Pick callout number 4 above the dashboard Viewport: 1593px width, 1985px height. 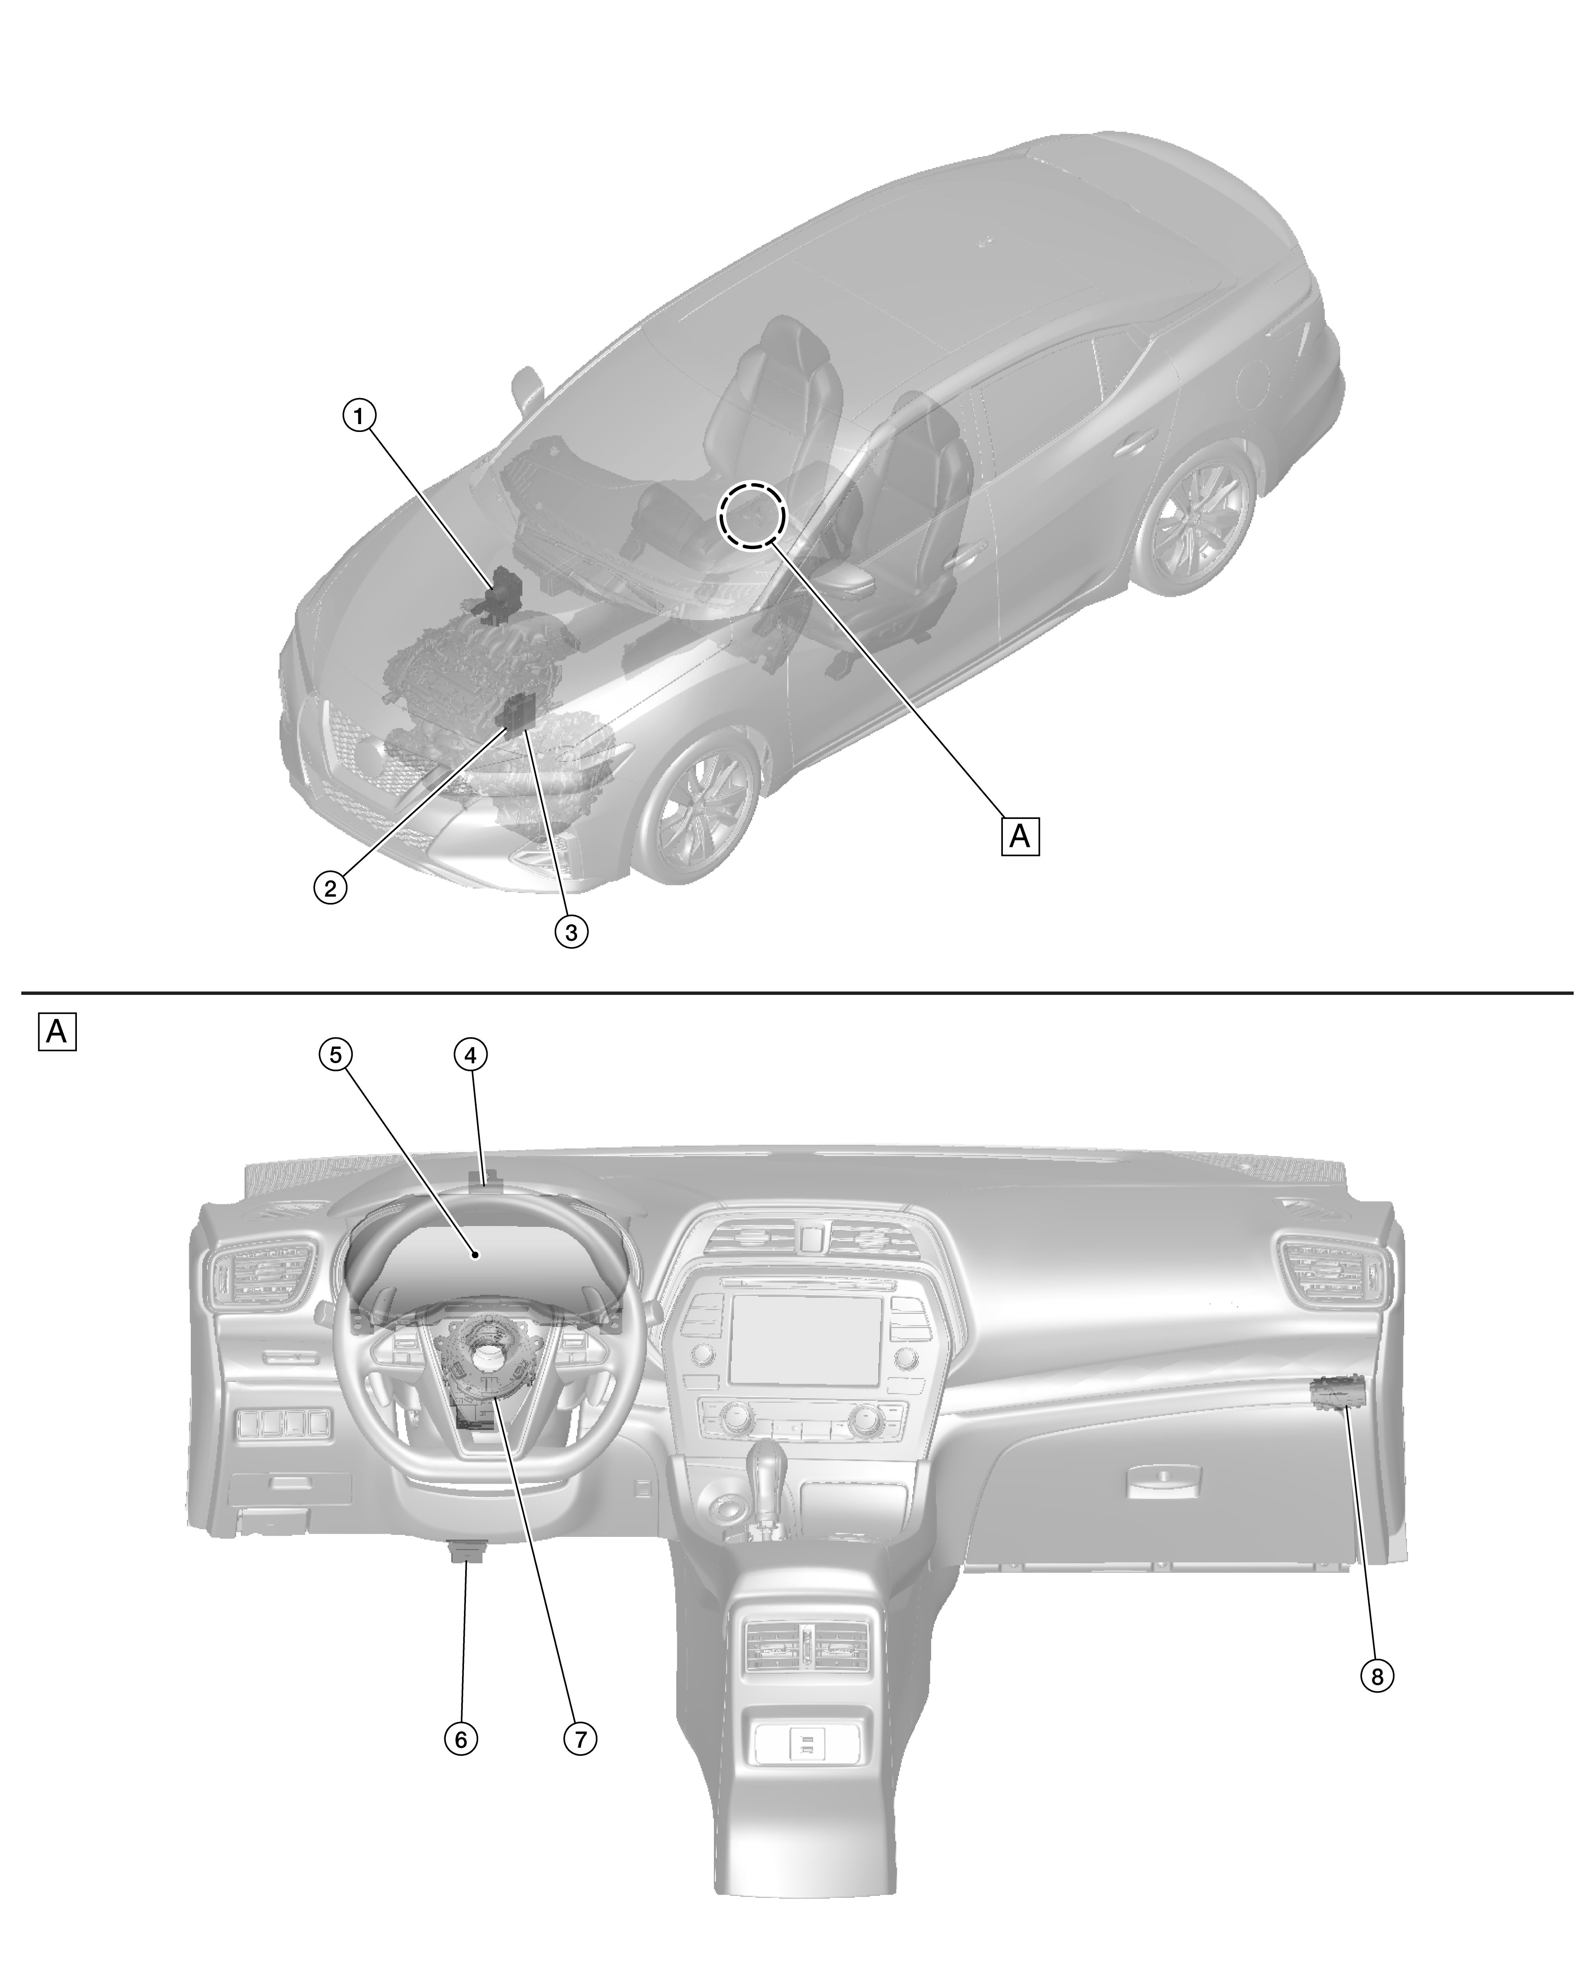coord(470,1055)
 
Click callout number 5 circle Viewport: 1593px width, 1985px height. coord(336,1055)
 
